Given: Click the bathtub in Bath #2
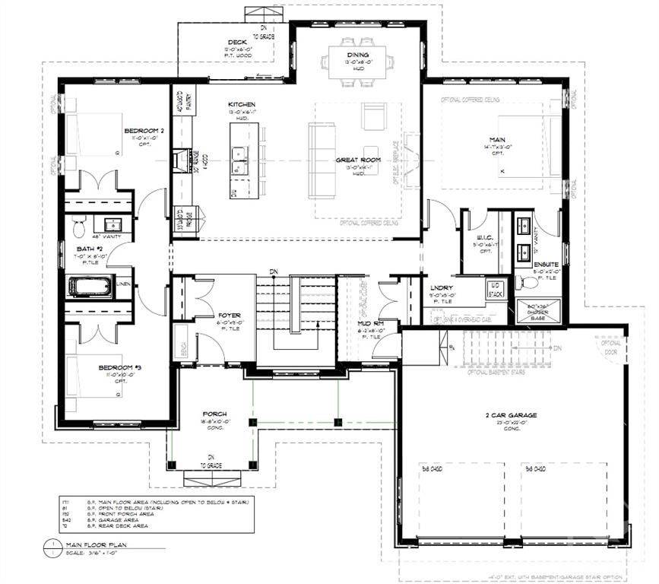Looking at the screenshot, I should pos(90,288).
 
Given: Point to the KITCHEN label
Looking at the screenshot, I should pos(241,104).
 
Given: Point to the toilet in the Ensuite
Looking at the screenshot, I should pos(529,282).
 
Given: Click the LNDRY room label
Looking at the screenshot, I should pos(440,287).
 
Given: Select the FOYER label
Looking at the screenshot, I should pos(229,314).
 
